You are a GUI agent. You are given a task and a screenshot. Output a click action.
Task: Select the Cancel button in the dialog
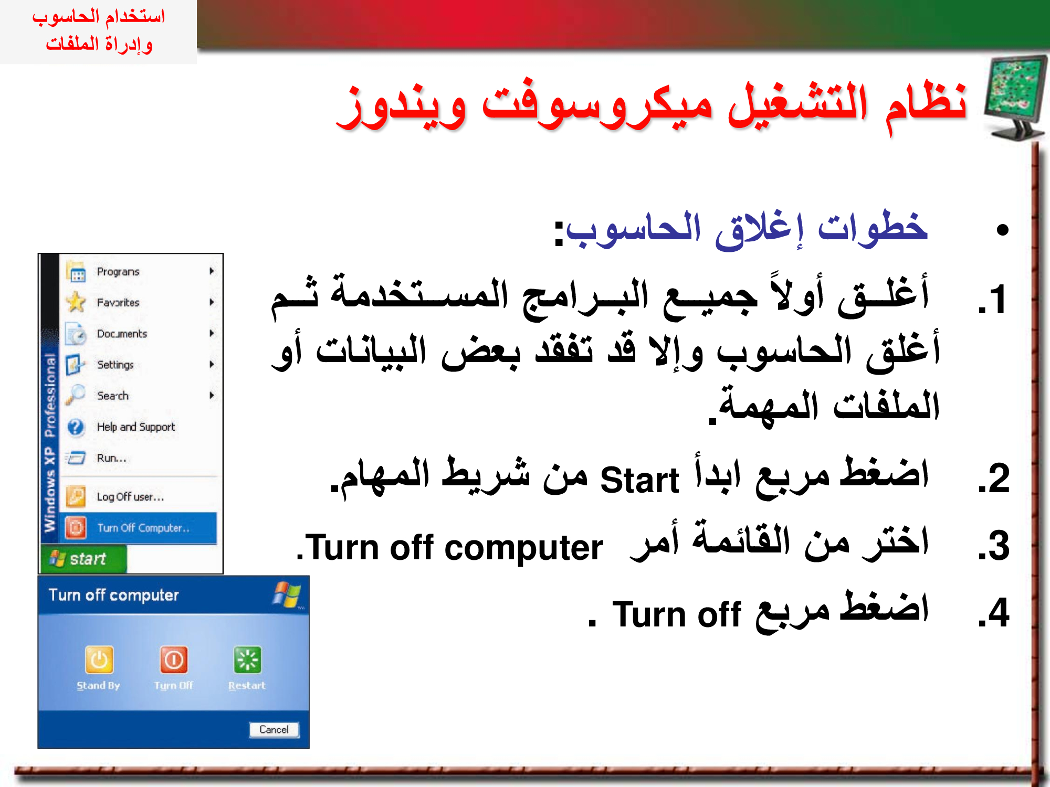[274, 729]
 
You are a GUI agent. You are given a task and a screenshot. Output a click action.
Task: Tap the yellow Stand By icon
[99, 660]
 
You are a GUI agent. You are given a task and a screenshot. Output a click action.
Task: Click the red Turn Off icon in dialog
[174, 660]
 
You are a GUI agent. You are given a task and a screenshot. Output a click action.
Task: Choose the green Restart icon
[247, 660]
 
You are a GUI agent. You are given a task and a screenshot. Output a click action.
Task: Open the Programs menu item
[118, 272]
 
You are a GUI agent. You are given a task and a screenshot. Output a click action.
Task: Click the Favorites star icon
[76, 302]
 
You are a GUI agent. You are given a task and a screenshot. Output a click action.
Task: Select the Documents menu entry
[122, 334]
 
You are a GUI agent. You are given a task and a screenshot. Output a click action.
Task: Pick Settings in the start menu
[115, 365]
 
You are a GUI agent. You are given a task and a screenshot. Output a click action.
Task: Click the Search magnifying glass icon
[76, 395]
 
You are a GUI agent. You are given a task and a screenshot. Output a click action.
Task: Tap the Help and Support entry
[135, 427]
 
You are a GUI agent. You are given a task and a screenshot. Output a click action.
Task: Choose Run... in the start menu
[111, 458]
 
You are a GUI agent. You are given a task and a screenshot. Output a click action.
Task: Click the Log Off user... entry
[130, 497]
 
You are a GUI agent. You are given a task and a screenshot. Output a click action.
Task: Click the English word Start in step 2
[639, 480]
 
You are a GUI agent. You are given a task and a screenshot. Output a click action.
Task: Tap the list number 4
[994, 612]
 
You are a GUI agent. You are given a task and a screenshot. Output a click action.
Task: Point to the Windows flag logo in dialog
[287, 594]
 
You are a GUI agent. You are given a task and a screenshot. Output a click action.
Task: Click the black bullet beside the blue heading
[1003, 230]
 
